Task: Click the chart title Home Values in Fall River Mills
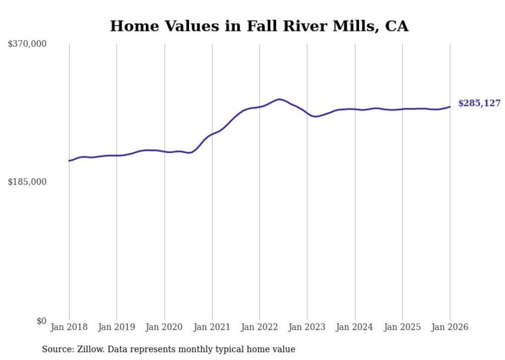[259, 26]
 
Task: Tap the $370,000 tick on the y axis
[27, 44]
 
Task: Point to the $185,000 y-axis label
[27, 182]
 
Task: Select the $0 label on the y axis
[41, 321]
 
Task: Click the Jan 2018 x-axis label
[69, 328]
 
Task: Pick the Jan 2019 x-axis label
[116, 328]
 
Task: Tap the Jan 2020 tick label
[164, 328]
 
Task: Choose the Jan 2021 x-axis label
[212, 328]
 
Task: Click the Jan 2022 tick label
[259, 328]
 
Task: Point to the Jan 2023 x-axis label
[307, 328]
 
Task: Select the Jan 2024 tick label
[355, 328]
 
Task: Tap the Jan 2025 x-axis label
[402, 328]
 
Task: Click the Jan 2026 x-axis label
[450, 328]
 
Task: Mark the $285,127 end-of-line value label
[479, 104]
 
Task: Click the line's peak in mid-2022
[279, 99]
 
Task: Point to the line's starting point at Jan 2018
[69, 161]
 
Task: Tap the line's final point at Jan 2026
[450, 107]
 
